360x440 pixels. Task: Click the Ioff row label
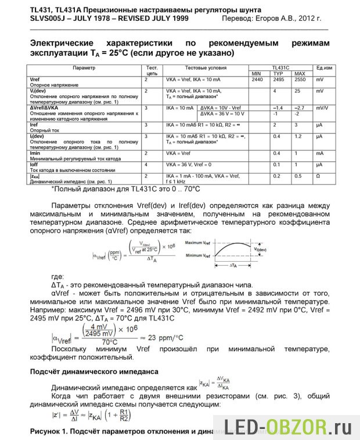tap(34, 164)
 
